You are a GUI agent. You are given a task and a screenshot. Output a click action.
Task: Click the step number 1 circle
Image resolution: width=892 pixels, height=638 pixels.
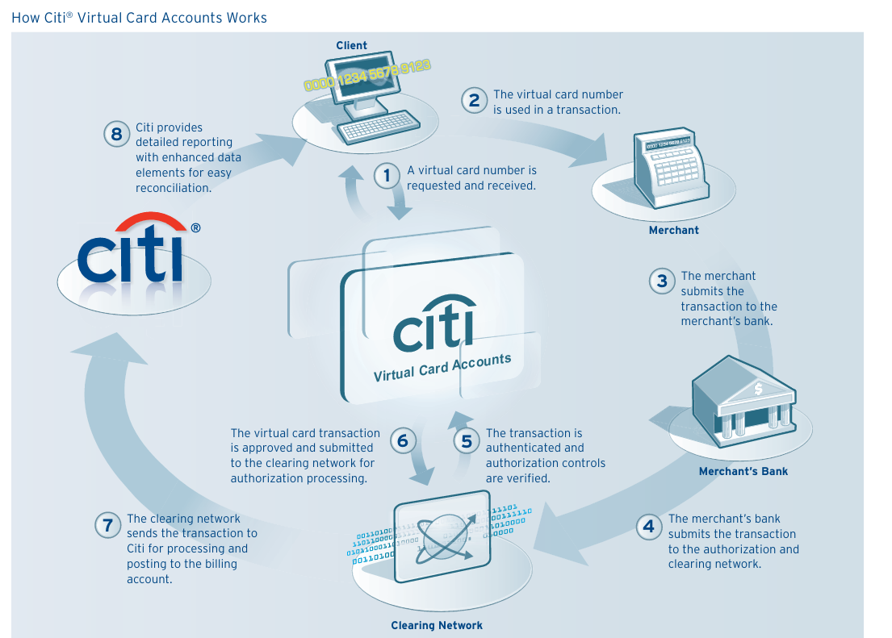(387, 176)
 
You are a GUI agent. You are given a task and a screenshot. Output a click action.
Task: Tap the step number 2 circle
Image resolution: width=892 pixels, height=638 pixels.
(475, 100)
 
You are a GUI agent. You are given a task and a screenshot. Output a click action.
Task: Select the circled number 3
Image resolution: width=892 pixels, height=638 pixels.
(662, 281)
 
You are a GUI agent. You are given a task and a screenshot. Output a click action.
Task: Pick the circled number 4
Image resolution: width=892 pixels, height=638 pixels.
(649, 527)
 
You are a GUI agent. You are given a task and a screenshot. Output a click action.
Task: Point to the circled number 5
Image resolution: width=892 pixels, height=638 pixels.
(467, 441)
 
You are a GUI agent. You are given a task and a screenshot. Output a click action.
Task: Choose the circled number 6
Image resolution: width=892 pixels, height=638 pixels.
(403, 441)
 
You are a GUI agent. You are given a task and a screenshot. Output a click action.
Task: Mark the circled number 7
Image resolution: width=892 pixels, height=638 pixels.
(107, 526)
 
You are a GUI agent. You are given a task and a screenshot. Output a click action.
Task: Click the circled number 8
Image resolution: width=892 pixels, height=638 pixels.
(116, 134)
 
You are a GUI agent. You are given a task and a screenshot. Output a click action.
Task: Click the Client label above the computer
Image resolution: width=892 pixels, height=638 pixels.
(352, 46)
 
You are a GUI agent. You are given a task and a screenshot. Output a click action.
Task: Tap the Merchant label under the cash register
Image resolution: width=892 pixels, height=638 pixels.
(673, 230)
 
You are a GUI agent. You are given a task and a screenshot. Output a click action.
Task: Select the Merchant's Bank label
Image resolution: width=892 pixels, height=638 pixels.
(743, 471)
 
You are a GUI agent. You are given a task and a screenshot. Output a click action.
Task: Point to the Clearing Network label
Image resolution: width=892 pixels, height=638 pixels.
(437, 625)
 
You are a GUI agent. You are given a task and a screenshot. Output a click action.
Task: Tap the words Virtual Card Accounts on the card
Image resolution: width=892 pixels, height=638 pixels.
(442, 368)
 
